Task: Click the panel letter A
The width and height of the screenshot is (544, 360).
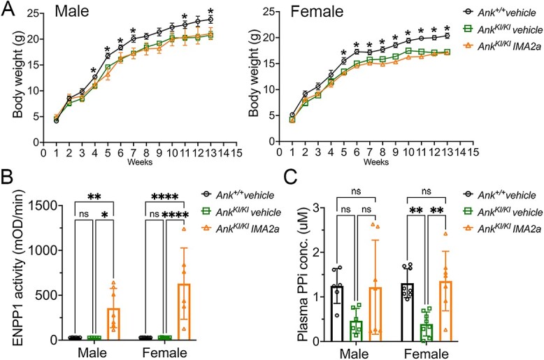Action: click(8, 10)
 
